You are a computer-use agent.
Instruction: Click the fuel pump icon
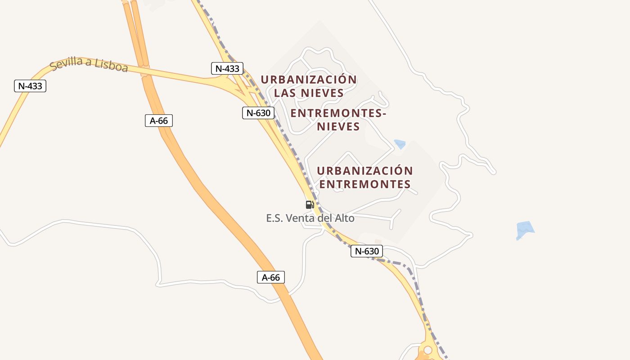pyautogui.click(x=310, y=205)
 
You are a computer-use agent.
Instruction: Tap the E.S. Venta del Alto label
pyautogui.click(x=310, y=218)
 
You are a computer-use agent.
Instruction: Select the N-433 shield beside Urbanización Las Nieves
pyautogui.click(x=227, y=69)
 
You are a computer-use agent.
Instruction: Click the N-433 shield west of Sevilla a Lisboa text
pyautogui.click(x=30, y=85)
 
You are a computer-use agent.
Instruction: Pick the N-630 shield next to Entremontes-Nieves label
pyautogui.click(x=258, y=113)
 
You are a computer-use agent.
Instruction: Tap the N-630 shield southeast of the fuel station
pyautogui.click(x=367, y=251)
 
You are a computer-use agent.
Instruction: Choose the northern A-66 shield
pyautogui.click(x=159, y=121)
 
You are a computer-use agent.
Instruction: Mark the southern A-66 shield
pyautogui.click(x=271, y=277)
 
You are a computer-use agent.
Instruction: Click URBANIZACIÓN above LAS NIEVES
pyautogui.click(x=309, y=80)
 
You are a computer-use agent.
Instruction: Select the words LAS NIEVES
pyautogui.click(x=309, y=93)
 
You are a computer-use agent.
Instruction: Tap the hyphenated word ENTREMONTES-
pyautogui.click(x=338, y=113)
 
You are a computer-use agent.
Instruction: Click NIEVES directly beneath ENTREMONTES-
pyautogui.click(x=338, y=126)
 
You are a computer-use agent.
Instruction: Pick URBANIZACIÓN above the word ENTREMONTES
pyautogui.click(x=365, y=171)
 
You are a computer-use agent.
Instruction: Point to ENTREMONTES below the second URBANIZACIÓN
pyautogui.click(x=365, y=184)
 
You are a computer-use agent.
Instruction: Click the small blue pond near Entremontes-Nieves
pyautogui.click(x=400, y=144)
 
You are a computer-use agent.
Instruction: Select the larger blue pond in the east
pyautogui.click(x=525, y=229)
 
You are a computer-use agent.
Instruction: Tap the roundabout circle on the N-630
pyautogui.click(x=427, y=350)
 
